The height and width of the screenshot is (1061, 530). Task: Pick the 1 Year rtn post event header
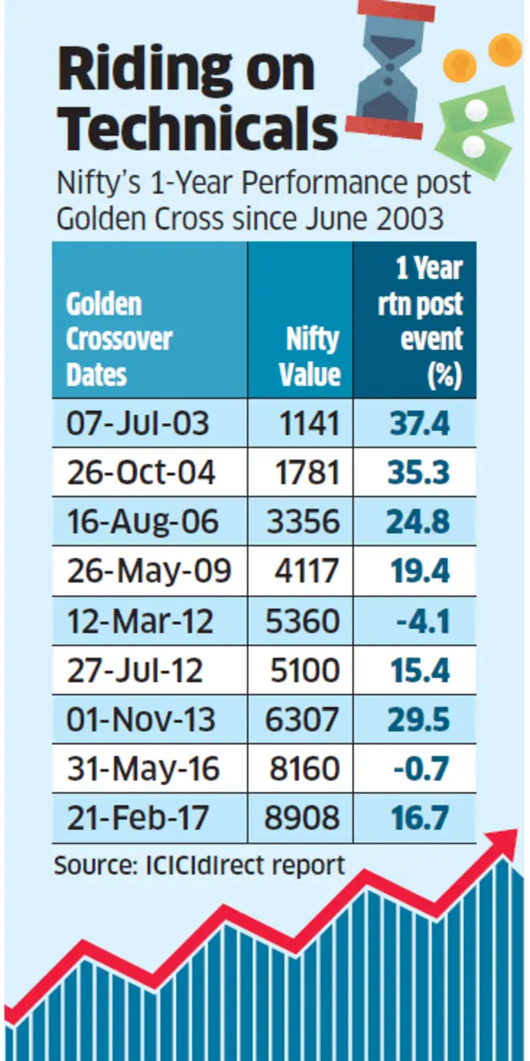420,323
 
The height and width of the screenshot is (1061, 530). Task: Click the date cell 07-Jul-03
137,423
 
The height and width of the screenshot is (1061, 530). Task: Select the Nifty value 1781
307,472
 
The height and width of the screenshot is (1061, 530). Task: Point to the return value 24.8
419,521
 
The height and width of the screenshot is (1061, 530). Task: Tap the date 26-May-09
148,571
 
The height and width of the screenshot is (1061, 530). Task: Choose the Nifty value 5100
307,670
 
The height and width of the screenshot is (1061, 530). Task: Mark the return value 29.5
419,719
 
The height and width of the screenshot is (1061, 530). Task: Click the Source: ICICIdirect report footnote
198,864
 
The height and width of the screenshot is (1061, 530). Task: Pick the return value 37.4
419,423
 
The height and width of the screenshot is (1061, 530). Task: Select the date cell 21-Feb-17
139,818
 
